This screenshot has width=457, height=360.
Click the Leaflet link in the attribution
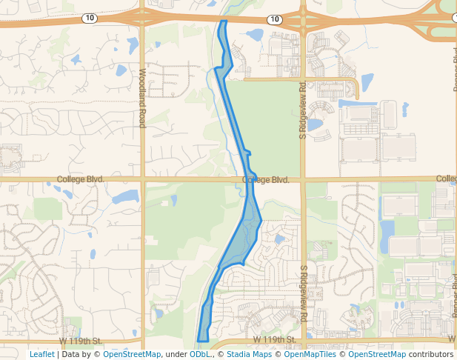pyautogui.click(x=41, y=354)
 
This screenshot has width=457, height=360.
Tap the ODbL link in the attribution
pyautogui.click(x=201, y=354)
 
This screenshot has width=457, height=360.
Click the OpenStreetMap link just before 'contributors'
pyautogui.click(x=377, y=354)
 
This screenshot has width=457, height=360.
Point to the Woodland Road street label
pyautogui.click(x=141, y=98)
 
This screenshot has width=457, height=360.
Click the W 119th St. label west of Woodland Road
pyautogui.click(x=80, y=340)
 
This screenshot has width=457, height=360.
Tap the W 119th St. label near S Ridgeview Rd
pyautogui.click(x=274, y=340)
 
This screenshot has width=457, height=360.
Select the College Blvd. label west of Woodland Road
pyautogui.click(x=80, y=179)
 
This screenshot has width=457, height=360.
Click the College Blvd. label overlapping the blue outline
pyautogui.click(x=265, y=180)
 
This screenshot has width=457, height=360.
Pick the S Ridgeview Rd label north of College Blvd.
pyautogui.click(x=302, y=110)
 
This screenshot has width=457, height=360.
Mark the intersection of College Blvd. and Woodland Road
pyautogui.click(x=142, y=179)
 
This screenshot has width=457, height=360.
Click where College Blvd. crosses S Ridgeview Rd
pyautogui.click(x=302, y=179)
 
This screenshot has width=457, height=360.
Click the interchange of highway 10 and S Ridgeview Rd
pyautogui.click(x=303, y=20)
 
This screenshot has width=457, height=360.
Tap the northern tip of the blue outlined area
pyautogui.click(x=223, y=21)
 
